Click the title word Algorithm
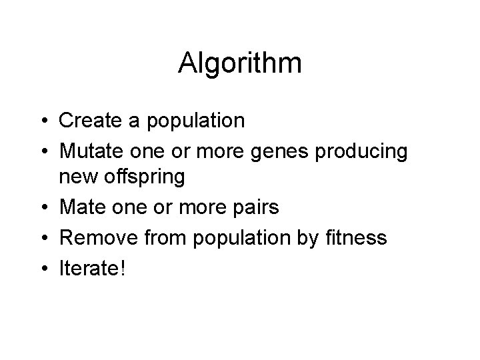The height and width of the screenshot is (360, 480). [240, 63]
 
